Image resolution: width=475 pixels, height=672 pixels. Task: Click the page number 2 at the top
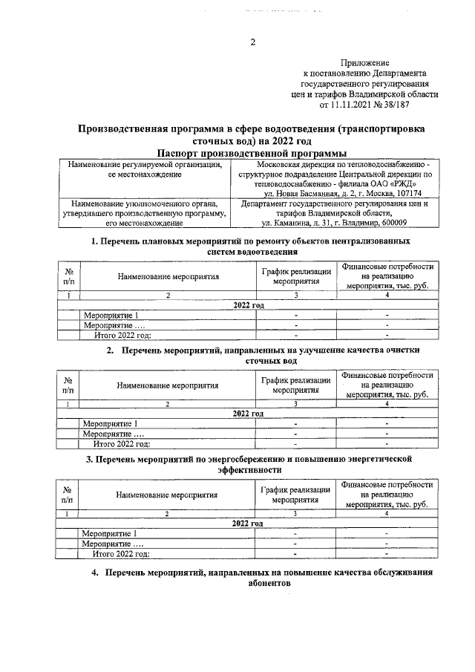(252, 42)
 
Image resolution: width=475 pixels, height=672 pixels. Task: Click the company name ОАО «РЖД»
(397, 183)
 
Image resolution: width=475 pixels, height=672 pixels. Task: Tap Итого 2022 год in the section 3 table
(120, 553)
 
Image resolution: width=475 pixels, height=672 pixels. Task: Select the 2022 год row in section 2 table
(248, 414)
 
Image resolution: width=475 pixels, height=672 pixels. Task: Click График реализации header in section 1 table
(295, 276)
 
